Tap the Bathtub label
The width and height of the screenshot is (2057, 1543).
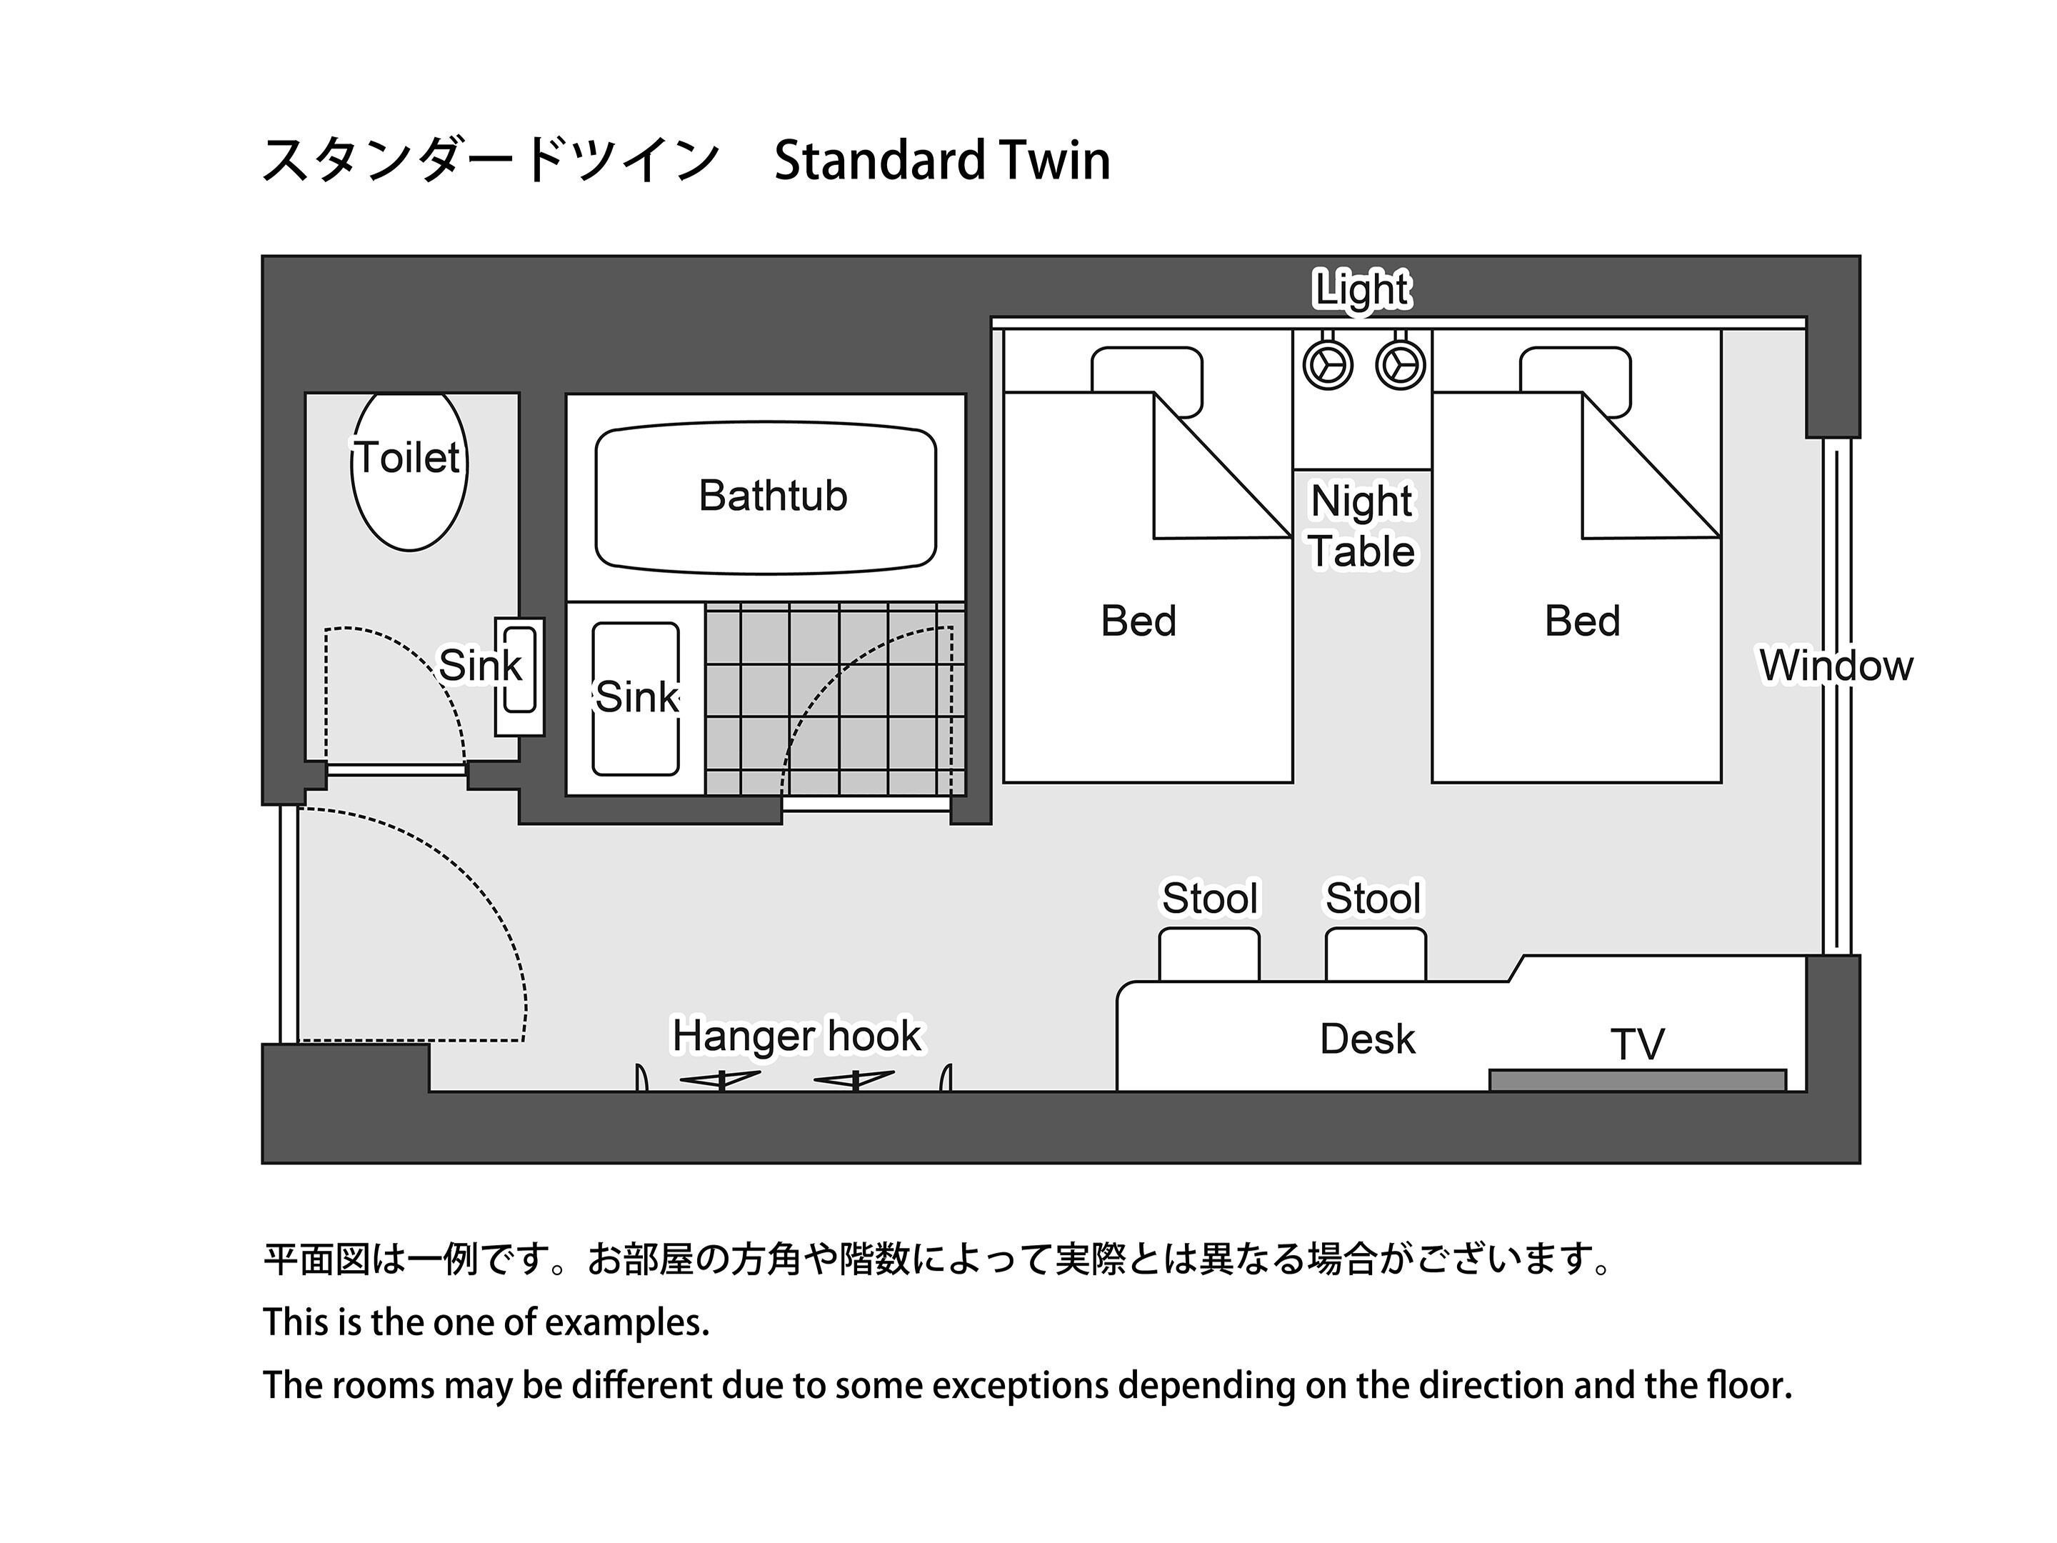pos(773,496)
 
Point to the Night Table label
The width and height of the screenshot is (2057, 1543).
pos(1361,526)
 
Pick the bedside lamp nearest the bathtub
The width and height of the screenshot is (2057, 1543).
pos(1327,364)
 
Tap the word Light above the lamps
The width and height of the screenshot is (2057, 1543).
pos(1361,289)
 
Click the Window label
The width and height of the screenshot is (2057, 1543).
pos(1836,665)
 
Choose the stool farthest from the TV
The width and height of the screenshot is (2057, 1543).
pos(1209,954)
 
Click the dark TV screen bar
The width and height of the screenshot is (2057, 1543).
pos(1638,1080)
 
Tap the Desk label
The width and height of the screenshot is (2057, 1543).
pos(1367,1039)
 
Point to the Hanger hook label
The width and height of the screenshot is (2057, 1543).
pos(797,1036)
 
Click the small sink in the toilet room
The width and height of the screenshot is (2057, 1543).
pos(519,676)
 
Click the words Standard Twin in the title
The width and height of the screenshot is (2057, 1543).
pos(942,160)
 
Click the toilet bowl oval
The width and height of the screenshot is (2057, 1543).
pos(409,470)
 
